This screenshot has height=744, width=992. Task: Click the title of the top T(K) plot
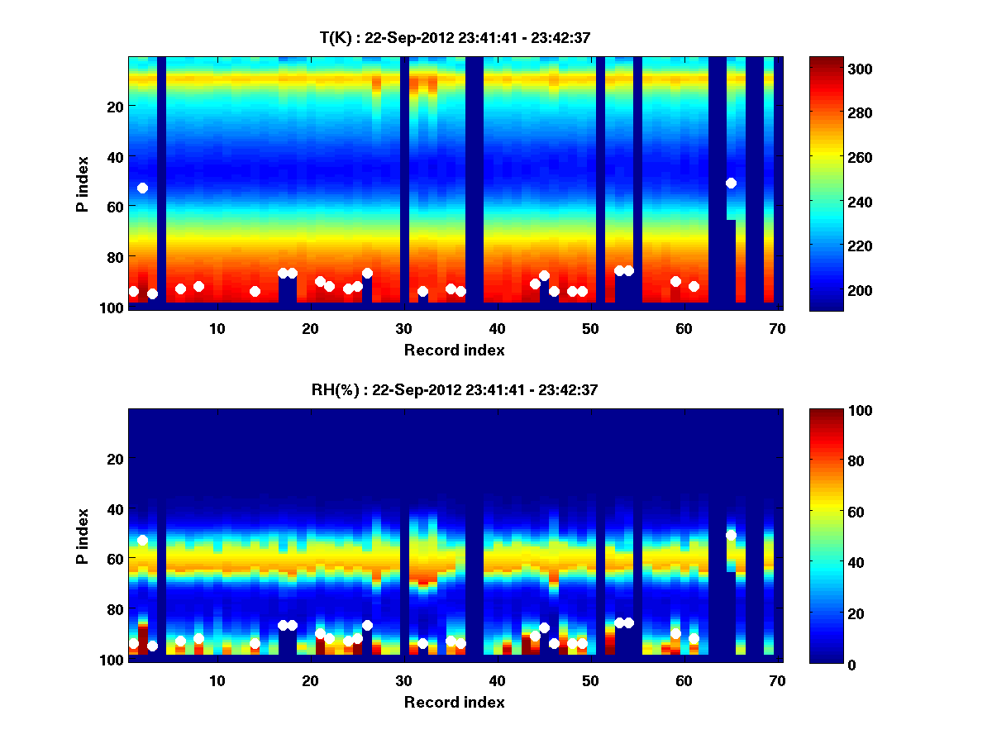(455, 37)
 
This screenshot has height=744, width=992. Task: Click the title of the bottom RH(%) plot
(455, 389)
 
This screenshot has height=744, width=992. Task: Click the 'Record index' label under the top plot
(455, 350)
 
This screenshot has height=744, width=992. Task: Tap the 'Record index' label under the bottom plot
(455, 702)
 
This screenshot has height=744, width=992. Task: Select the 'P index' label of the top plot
(83, 183)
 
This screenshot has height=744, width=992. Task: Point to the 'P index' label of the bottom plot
(83, 535)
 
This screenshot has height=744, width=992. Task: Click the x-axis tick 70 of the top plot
(777, 328)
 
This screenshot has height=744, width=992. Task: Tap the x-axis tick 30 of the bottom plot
(403, 680)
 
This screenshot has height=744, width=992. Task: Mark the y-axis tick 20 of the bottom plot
(115, 458)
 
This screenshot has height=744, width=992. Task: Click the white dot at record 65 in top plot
(731, 183)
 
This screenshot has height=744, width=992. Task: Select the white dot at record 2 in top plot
(142, 188)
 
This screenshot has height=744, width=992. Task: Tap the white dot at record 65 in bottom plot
(731, 535)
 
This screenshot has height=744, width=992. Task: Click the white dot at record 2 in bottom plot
(142, 540)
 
